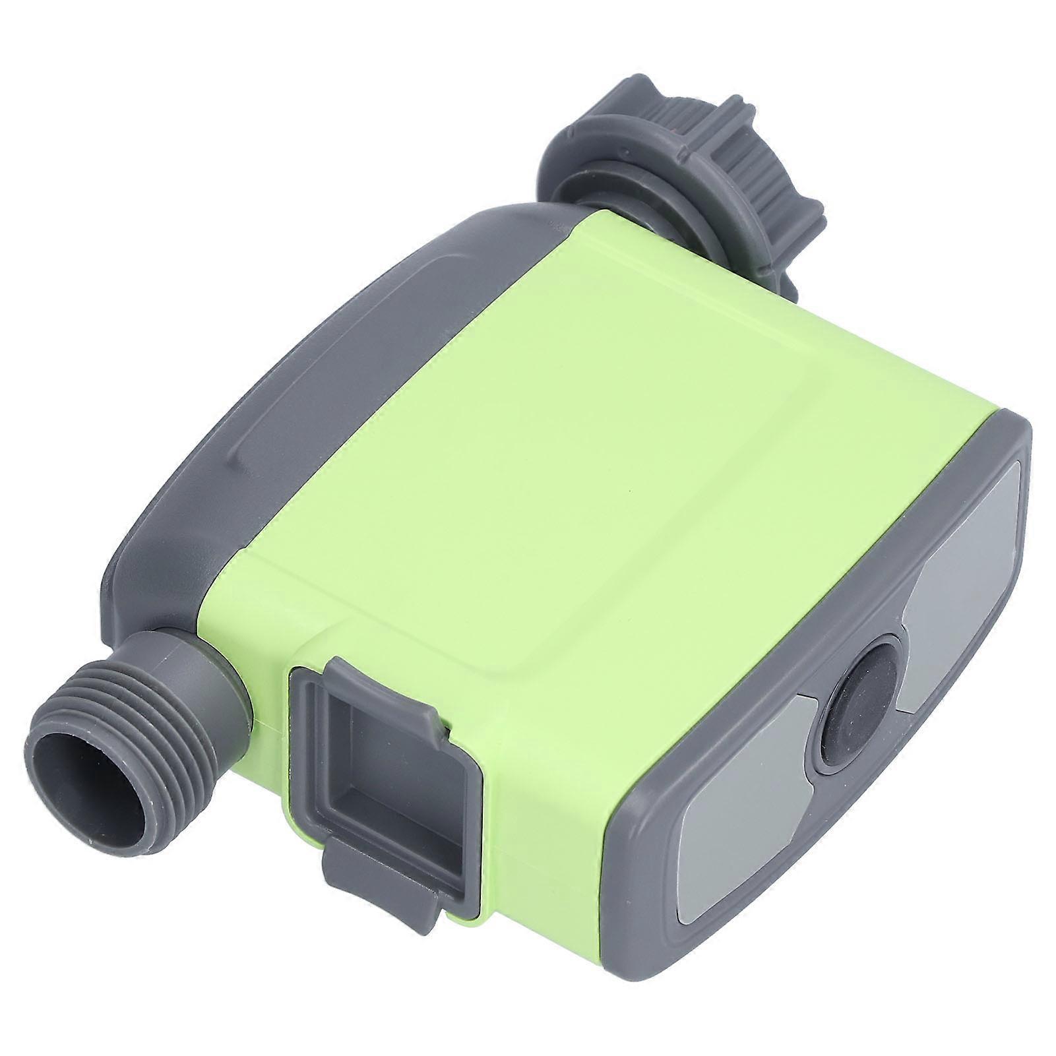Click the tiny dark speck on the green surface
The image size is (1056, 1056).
(632, 493)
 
